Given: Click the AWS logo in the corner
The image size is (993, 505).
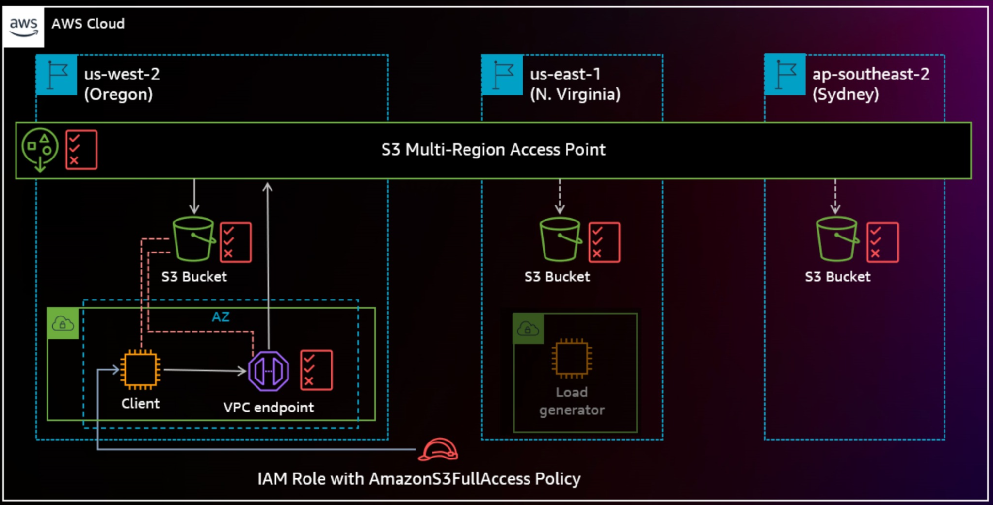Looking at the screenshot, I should coord(23,27).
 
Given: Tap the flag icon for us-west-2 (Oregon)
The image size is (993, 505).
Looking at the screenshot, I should coord(57,75).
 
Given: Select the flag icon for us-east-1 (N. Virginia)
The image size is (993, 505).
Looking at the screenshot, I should coord(502,75).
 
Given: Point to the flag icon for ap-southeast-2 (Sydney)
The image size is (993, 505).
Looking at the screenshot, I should coord(785,75).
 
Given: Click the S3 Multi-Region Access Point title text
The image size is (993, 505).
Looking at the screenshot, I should coord(493,150).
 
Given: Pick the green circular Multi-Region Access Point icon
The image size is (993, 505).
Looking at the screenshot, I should coord(40,148).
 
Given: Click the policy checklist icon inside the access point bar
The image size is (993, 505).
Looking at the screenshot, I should coord(81,150).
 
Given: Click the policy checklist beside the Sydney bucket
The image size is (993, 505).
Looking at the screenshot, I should coord(882,242).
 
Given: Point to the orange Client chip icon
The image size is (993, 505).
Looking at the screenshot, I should coord(141,370).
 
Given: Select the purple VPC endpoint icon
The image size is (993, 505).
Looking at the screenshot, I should coord(269,371).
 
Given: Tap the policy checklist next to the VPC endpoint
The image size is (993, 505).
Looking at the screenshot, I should coord(316,370).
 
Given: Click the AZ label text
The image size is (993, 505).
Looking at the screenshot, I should coord(221,317).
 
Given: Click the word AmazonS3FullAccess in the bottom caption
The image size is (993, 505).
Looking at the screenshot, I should coord(449,479).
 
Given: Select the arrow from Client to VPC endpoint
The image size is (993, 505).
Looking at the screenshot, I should coord(204,371).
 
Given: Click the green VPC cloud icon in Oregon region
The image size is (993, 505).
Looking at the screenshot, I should coord(63,323).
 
